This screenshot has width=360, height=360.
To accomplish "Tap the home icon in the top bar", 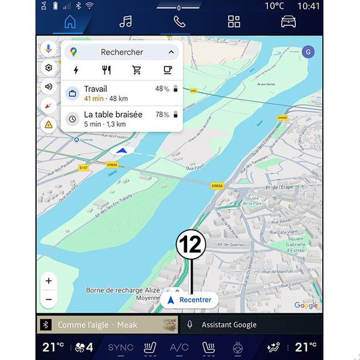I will pyautogui.click(x=70, y=22).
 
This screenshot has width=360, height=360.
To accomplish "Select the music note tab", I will pyautogui.click(x=125, y=22).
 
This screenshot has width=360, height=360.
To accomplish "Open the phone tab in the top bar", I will pyautogui.click(x=180, y=22).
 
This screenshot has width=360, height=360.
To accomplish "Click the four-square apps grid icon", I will pyautogui.click(x=234, y=22).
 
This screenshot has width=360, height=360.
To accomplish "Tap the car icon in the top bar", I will pyautogui.click(x=289, y=22).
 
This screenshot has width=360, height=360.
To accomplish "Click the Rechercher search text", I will pyautogui.click(x=122, y=52).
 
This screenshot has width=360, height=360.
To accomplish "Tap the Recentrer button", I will pyautogui.click(x=190, y=299).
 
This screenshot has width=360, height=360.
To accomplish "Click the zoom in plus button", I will pyautogui.click(x=49, y=281).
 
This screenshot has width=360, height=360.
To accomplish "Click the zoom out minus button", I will pyautogui.click(x=49, y=299).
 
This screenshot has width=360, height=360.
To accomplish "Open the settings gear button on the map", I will pyautogui.click(x=49, y=68).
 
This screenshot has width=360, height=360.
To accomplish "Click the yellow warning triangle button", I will pyautogui.click(x=49, y=124).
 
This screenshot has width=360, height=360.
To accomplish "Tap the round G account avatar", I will pyautogui.click(x=308, y=51).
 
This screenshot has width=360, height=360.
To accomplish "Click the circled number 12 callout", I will pyautogui.click(x=191, y=245).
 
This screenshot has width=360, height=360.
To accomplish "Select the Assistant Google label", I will pyautogui.click(x=229, y=325).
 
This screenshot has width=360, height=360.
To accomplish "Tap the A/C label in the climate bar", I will pyautogui.click(x=179, y=347).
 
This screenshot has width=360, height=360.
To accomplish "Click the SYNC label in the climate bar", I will pyautogui.click(x=121, y=347).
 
